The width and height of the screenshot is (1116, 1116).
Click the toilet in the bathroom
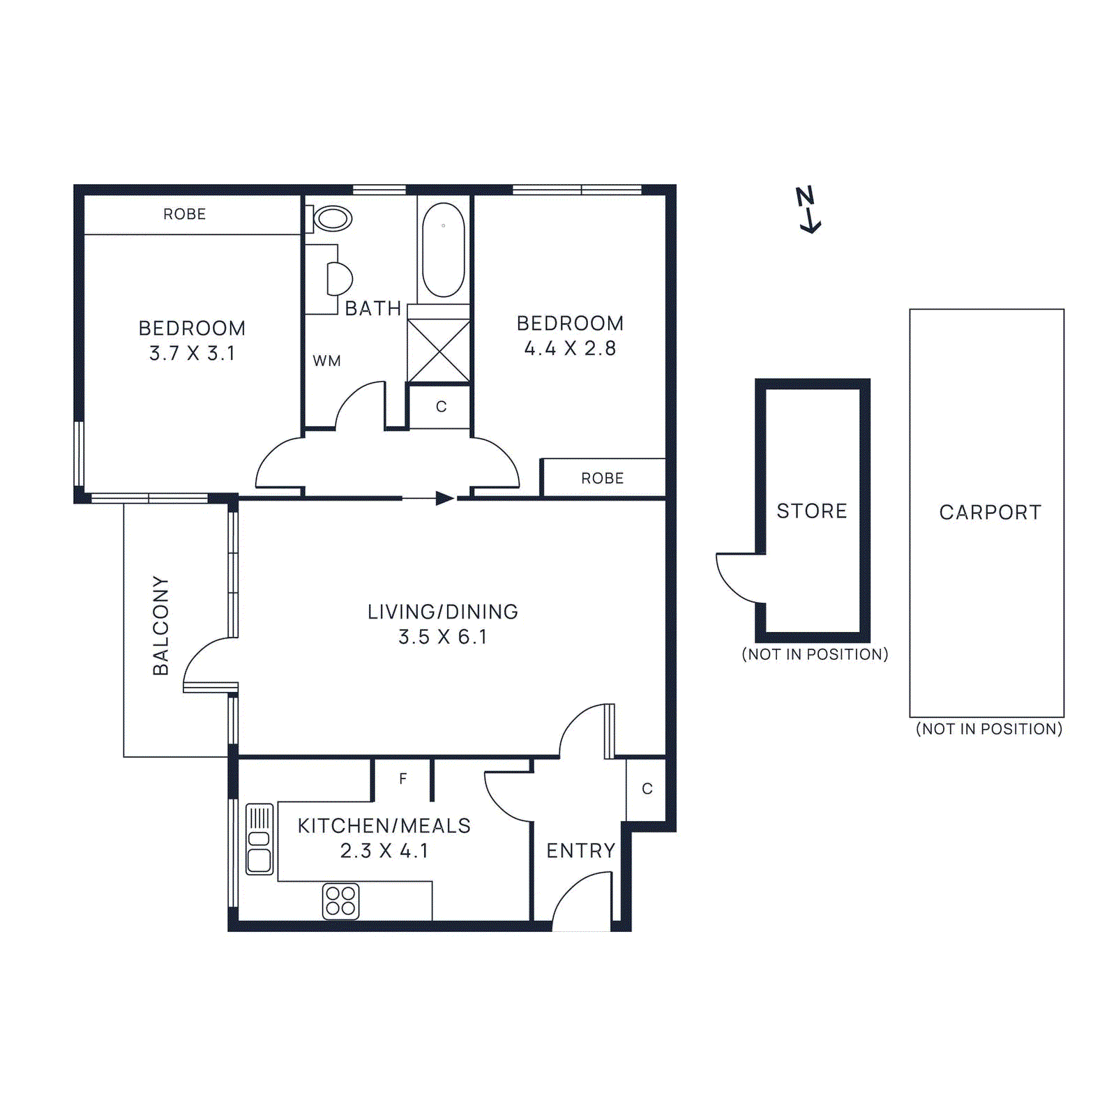(331, 218)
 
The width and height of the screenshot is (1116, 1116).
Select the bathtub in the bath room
(444, 250)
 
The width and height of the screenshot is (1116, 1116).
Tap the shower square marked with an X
(439, 351)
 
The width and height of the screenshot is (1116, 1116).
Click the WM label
(326, 361)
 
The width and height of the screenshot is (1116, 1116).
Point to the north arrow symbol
(808, 209)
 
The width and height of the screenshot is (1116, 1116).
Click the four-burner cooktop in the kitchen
(340, 900)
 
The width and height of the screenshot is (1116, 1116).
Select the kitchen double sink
(259, 839)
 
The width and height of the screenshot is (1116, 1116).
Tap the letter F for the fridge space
(403, 779)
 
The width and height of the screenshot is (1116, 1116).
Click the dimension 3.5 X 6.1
(442, 637)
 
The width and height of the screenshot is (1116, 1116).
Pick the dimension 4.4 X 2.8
(570, 348)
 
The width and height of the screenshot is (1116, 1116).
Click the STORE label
(812, 511)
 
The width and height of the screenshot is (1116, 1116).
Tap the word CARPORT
(990, 512)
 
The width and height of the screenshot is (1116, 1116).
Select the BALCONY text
(161, 625)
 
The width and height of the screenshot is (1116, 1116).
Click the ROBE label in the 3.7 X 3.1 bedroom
(184, 214)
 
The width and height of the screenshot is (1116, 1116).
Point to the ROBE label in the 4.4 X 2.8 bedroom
(602, 478)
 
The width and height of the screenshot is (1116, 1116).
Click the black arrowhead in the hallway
(444, 498)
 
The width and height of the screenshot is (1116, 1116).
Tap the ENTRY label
(580, 850)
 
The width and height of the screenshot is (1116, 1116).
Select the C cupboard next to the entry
(647, 789)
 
